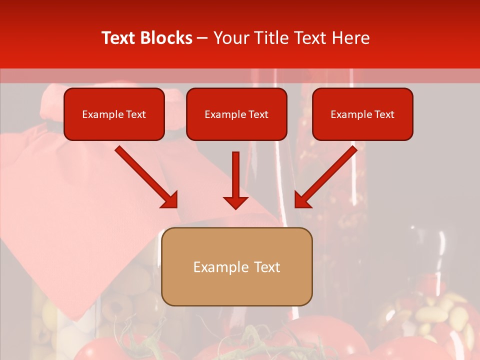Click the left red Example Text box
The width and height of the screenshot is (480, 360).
pos(114,114)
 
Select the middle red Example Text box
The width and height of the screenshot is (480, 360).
pos(236,114)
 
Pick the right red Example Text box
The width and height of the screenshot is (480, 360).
pos(362,114)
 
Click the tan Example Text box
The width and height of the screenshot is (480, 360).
pos(236,267)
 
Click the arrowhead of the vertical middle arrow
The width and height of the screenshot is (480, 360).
pos(235,202)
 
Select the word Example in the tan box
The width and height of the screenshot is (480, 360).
pos(221,267)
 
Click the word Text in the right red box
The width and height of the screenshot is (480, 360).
pos(384,114)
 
